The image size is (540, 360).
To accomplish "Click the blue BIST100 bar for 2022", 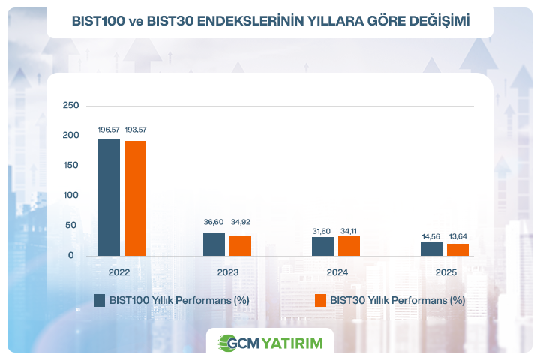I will (109, 197).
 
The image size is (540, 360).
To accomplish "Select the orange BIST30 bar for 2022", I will (136, 198).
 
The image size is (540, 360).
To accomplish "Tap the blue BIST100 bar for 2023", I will (214, 244).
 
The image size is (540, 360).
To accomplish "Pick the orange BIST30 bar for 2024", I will (349, 245).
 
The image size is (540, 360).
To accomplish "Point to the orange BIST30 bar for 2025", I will (457, 250).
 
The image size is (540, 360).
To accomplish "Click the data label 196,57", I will (109, 130).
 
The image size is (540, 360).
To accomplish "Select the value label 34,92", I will (241, 223).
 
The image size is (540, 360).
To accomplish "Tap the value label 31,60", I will (322, 231).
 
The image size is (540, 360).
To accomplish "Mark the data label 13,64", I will (458, 237).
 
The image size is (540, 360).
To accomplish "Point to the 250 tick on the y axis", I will (70, 105).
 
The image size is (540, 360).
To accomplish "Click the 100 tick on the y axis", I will (70, 196).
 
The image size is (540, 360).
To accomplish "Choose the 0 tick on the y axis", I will (71, 256).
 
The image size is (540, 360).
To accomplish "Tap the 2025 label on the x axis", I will (445, 272).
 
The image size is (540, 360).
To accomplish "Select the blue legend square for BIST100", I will (99, 300).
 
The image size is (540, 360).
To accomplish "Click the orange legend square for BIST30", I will (320, 300).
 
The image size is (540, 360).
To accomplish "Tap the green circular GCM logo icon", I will (226, 343).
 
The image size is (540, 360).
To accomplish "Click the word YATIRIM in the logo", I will (292, 343).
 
